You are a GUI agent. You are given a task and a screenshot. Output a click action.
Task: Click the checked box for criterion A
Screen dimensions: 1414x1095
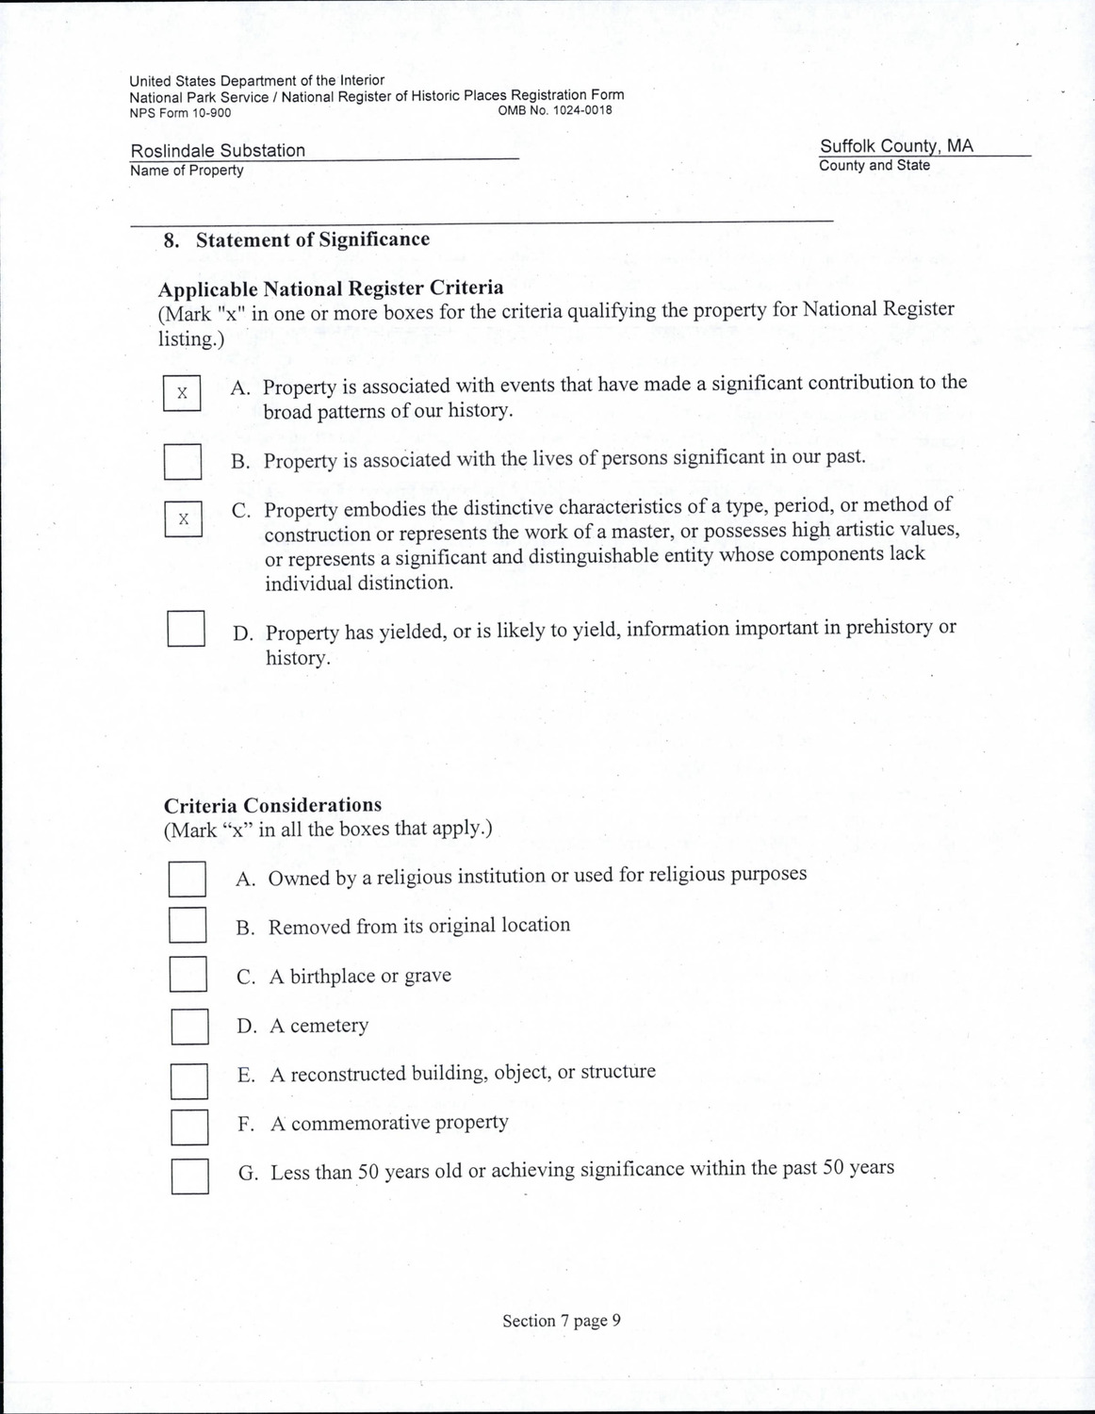tap(182, 393)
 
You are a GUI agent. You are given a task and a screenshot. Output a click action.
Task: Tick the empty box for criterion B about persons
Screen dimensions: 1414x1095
tap(183, 462)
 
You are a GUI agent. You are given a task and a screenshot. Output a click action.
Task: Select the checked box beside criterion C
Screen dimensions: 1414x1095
tap(184, 519)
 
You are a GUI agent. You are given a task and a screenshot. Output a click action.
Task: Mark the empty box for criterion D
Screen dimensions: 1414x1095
tap(187, 629)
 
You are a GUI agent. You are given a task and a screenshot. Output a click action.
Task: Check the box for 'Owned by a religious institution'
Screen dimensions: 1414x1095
tap(188, 879)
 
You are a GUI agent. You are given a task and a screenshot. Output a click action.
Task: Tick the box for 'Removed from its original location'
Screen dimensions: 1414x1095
tap(188, 925)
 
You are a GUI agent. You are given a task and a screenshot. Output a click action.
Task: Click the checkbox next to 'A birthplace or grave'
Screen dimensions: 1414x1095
tap(188, 974)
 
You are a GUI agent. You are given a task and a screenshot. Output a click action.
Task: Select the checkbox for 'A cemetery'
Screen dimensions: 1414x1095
tap(189, 1027)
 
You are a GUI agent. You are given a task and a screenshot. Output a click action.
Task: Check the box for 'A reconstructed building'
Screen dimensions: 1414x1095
tap(189, 1081)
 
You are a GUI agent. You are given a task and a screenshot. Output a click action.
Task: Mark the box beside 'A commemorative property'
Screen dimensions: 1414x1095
tap(189, 1126)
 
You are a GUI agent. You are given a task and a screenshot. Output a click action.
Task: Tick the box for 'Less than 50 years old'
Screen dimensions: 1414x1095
tap(190, 1176)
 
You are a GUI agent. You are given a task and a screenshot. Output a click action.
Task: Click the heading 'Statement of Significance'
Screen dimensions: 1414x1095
tap(312, 239)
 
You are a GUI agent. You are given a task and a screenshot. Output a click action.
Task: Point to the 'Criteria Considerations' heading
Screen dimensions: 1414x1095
tap(272, 805)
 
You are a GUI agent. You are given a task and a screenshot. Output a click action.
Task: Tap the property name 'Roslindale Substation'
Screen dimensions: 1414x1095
tap(218, 151)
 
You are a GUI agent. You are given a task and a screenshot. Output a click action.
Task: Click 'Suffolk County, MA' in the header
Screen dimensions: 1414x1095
tap(896, 146)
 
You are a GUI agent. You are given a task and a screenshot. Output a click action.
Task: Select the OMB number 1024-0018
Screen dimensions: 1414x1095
tap(554, 110)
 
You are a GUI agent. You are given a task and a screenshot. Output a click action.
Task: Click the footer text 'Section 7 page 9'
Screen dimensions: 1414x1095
tap(562, 1321)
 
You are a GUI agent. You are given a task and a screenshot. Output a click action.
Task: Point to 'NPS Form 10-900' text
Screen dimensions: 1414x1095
tap(180, 113)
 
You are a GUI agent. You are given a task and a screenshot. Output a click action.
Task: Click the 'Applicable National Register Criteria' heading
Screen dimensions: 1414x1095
tap(331, 288)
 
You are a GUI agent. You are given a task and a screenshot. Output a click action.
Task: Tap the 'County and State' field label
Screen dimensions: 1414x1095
tap(874, 166)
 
